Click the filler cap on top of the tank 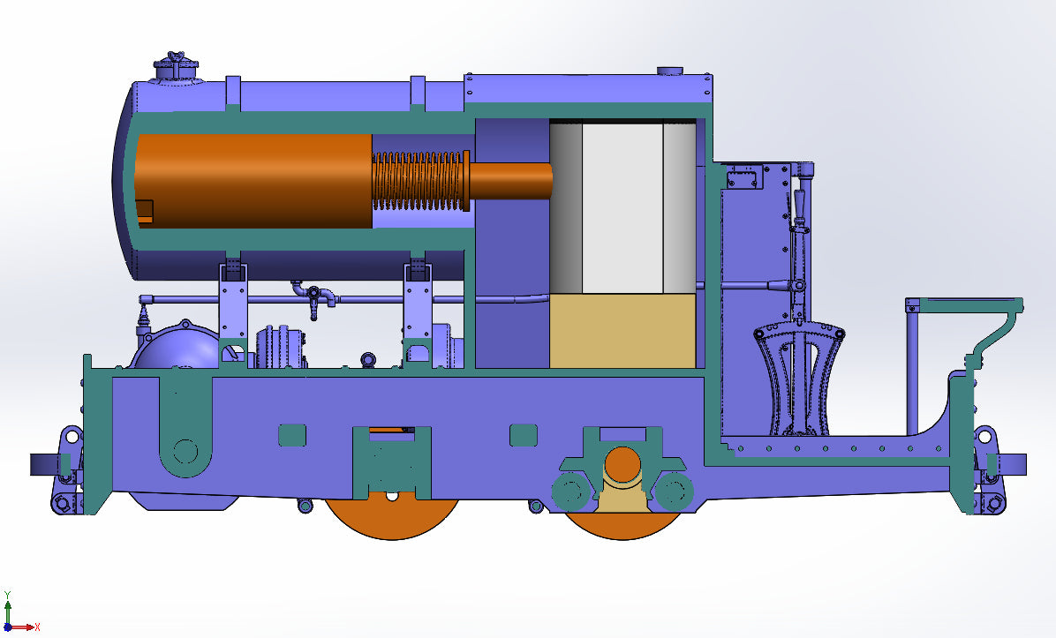tap(176, 67)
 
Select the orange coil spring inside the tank tap(419, 180)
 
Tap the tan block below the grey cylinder tap(622, 331)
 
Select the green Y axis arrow tap(8, 609)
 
